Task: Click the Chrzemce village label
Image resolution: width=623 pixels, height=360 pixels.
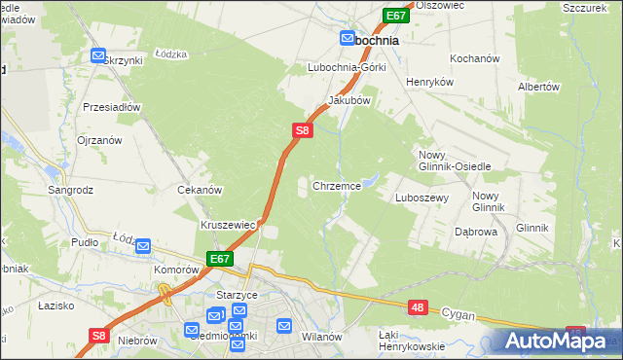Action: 337,185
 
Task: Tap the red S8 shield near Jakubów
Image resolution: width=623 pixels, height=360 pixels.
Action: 302,129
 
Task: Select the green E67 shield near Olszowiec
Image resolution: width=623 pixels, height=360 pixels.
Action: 395,17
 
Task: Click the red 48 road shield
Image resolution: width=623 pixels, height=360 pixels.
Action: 418,307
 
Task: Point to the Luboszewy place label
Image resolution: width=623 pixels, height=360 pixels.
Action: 421,197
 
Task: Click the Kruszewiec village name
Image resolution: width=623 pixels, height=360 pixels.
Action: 228,224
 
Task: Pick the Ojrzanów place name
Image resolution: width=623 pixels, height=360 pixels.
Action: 99,140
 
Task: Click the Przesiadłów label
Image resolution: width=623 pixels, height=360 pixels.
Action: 113,107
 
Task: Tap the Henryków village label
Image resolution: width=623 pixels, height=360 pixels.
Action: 430,83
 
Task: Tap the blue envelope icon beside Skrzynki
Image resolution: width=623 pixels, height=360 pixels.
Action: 98,56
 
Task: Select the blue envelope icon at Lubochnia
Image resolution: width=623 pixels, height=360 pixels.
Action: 348,38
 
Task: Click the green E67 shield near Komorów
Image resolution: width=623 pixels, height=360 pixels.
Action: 218,259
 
